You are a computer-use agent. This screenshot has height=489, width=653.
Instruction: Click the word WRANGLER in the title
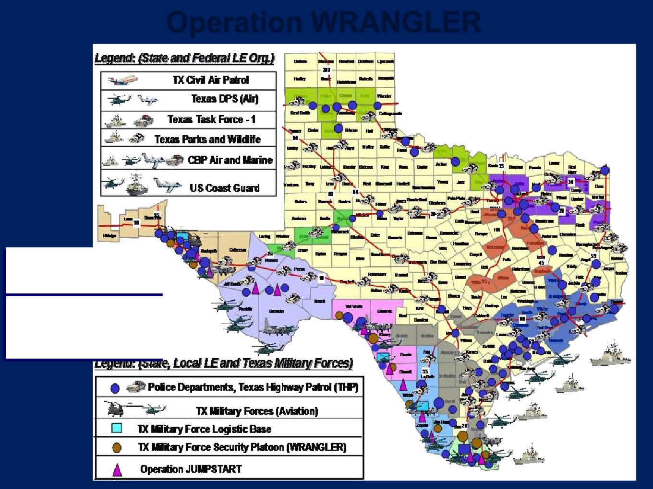(396, 22)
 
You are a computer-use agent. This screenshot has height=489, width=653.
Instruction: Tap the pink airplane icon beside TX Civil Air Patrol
(123, 80)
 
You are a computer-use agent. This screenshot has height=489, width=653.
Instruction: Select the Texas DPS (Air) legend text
(225, 99)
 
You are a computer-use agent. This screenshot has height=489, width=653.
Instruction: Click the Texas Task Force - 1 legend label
(211, 119)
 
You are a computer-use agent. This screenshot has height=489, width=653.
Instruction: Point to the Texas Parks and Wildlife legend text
(207, 140)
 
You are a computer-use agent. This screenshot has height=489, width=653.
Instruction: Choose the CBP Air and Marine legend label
(230, 160)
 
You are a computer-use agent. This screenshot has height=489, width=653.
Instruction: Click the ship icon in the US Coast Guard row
(137, 186)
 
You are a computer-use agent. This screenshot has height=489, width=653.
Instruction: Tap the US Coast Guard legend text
(224, 188)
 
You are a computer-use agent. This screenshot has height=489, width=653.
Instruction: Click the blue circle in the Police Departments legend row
(115, 388)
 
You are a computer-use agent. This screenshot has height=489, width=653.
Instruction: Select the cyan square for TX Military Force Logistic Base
(117, 428)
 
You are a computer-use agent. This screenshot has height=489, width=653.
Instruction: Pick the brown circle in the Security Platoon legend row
(117, 447)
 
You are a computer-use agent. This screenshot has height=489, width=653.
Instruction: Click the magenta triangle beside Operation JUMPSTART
(117, 469)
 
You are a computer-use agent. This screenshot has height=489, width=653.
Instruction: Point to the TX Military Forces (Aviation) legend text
(257, 411)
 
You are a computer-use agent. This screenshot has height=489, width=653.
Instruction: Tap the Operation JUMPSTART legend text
(191, 469)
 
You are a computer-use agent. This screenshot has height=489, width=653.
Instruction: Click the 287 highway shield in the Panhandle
(326, 70)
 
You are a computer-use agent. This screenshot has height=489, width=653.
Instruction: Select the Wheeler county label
(384, 96)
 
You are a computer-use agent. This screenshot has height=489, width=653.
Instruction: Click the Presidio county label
(245, 309)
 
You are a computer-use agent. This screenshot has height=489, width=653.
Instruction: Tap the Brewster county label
(277, 312)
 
